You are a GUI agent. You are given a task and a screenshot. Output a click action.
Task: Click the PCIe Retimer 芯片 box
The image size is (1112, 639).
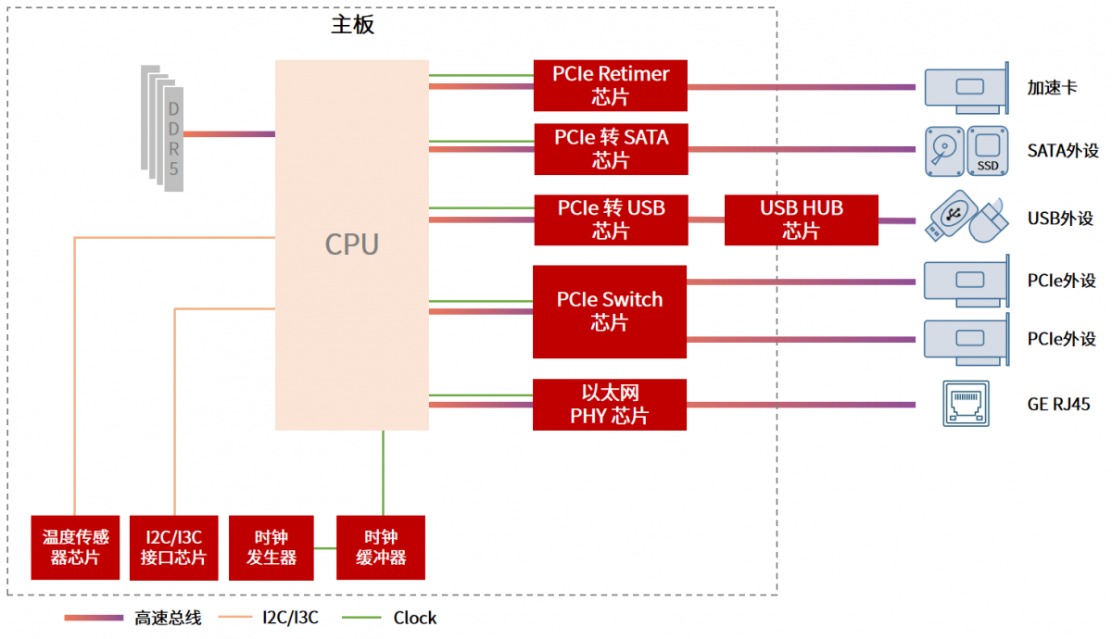click(x=610, y=85)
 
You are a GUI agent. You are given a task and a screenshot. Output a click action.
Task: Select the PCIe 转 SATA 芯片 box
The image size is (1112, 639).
click(x=611, y=149)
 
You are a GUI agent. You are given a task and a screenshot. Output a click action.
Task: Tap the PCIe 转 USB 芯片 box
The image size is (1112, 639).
click(x=611, y=219)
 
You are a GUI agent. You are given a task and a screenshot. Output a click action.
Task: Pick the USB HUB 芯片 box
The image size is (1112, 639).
click(x=801, y=219)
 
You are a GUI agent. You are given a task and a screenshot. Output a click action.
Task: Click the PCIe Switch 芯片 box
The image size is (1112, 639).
click(x=609, y=311)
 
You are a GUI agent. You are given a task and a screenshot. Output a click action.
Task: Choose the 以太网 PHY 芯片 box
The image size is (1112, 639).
click(x=609, y=405)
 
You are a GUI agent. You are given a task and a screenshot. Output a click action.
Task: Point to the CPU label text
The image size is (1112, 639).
click(x=351, y=244)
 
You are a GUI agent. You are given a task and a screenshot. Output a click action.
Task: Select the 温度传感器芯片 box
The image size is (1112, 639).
click(x=75, y=547)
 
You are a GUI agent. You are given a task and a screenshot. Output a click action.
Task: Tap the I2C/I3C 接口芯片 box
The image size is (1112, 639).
click(x=173, y=547)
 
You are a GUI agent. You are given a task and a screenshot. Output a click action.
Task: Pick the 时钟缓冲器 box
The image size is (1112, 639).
click(x=380, y=547)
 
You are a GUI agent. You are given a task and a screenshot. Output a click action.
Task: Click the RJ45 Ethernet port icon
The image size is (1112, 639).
click(x=965, y=404)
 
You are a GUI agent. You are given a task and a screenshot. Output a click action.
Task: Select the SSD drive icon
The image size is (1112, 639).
click(x=988, y=150)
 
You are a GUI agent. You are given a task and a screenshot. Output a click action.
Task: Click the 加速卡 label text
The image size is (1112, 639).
click(x=1052, y=88)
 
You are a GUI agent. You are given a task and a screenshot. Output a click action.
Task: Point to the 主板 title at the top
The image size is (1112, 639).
click(x=352, y=25)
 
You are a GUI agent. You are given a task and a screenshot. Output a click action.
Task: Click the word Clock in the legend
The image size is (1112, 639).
click(x=414, y=618)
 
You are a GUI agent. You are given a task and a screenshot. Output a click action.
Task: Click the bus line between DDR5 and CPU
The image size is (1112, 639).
click(x=229, y=134)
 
